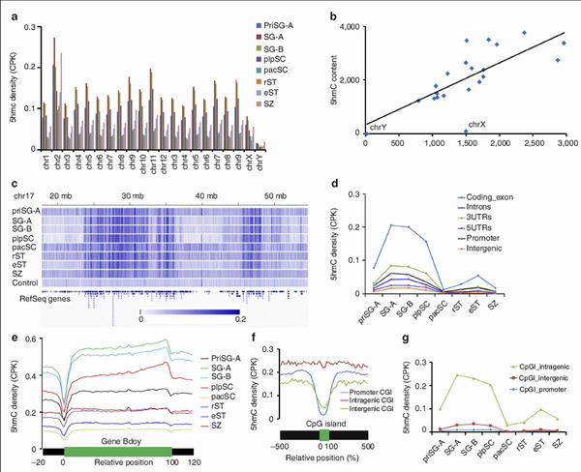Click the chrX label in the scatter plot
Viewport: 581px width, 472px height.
[x=476, y=125]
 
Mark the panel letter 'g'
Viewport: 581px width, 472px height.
[x=388, y=338]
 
